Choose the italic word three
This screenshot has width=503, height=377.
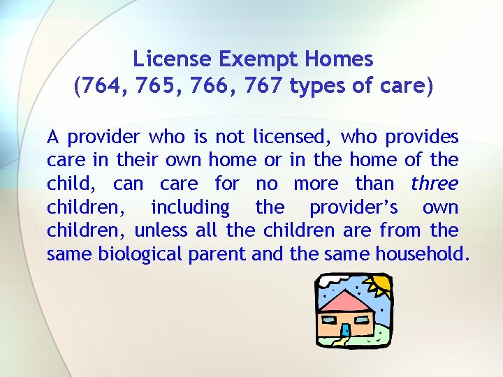click(x=435, y=184)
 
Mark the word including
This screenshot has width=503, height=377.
click(x=190, y=208)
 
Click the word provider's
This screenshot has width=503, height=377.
click(x=353, y=208)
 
